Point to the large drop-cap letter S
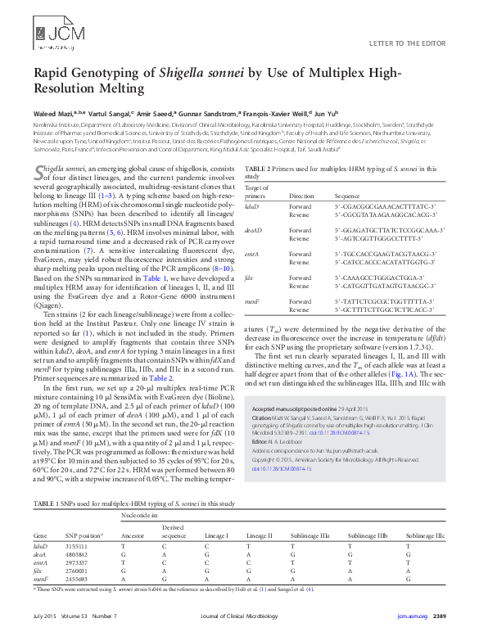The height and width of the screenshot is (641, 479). click(x=38, y=171)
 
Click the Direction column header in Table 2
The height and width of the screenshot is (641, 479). click(x=301, y=196)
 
